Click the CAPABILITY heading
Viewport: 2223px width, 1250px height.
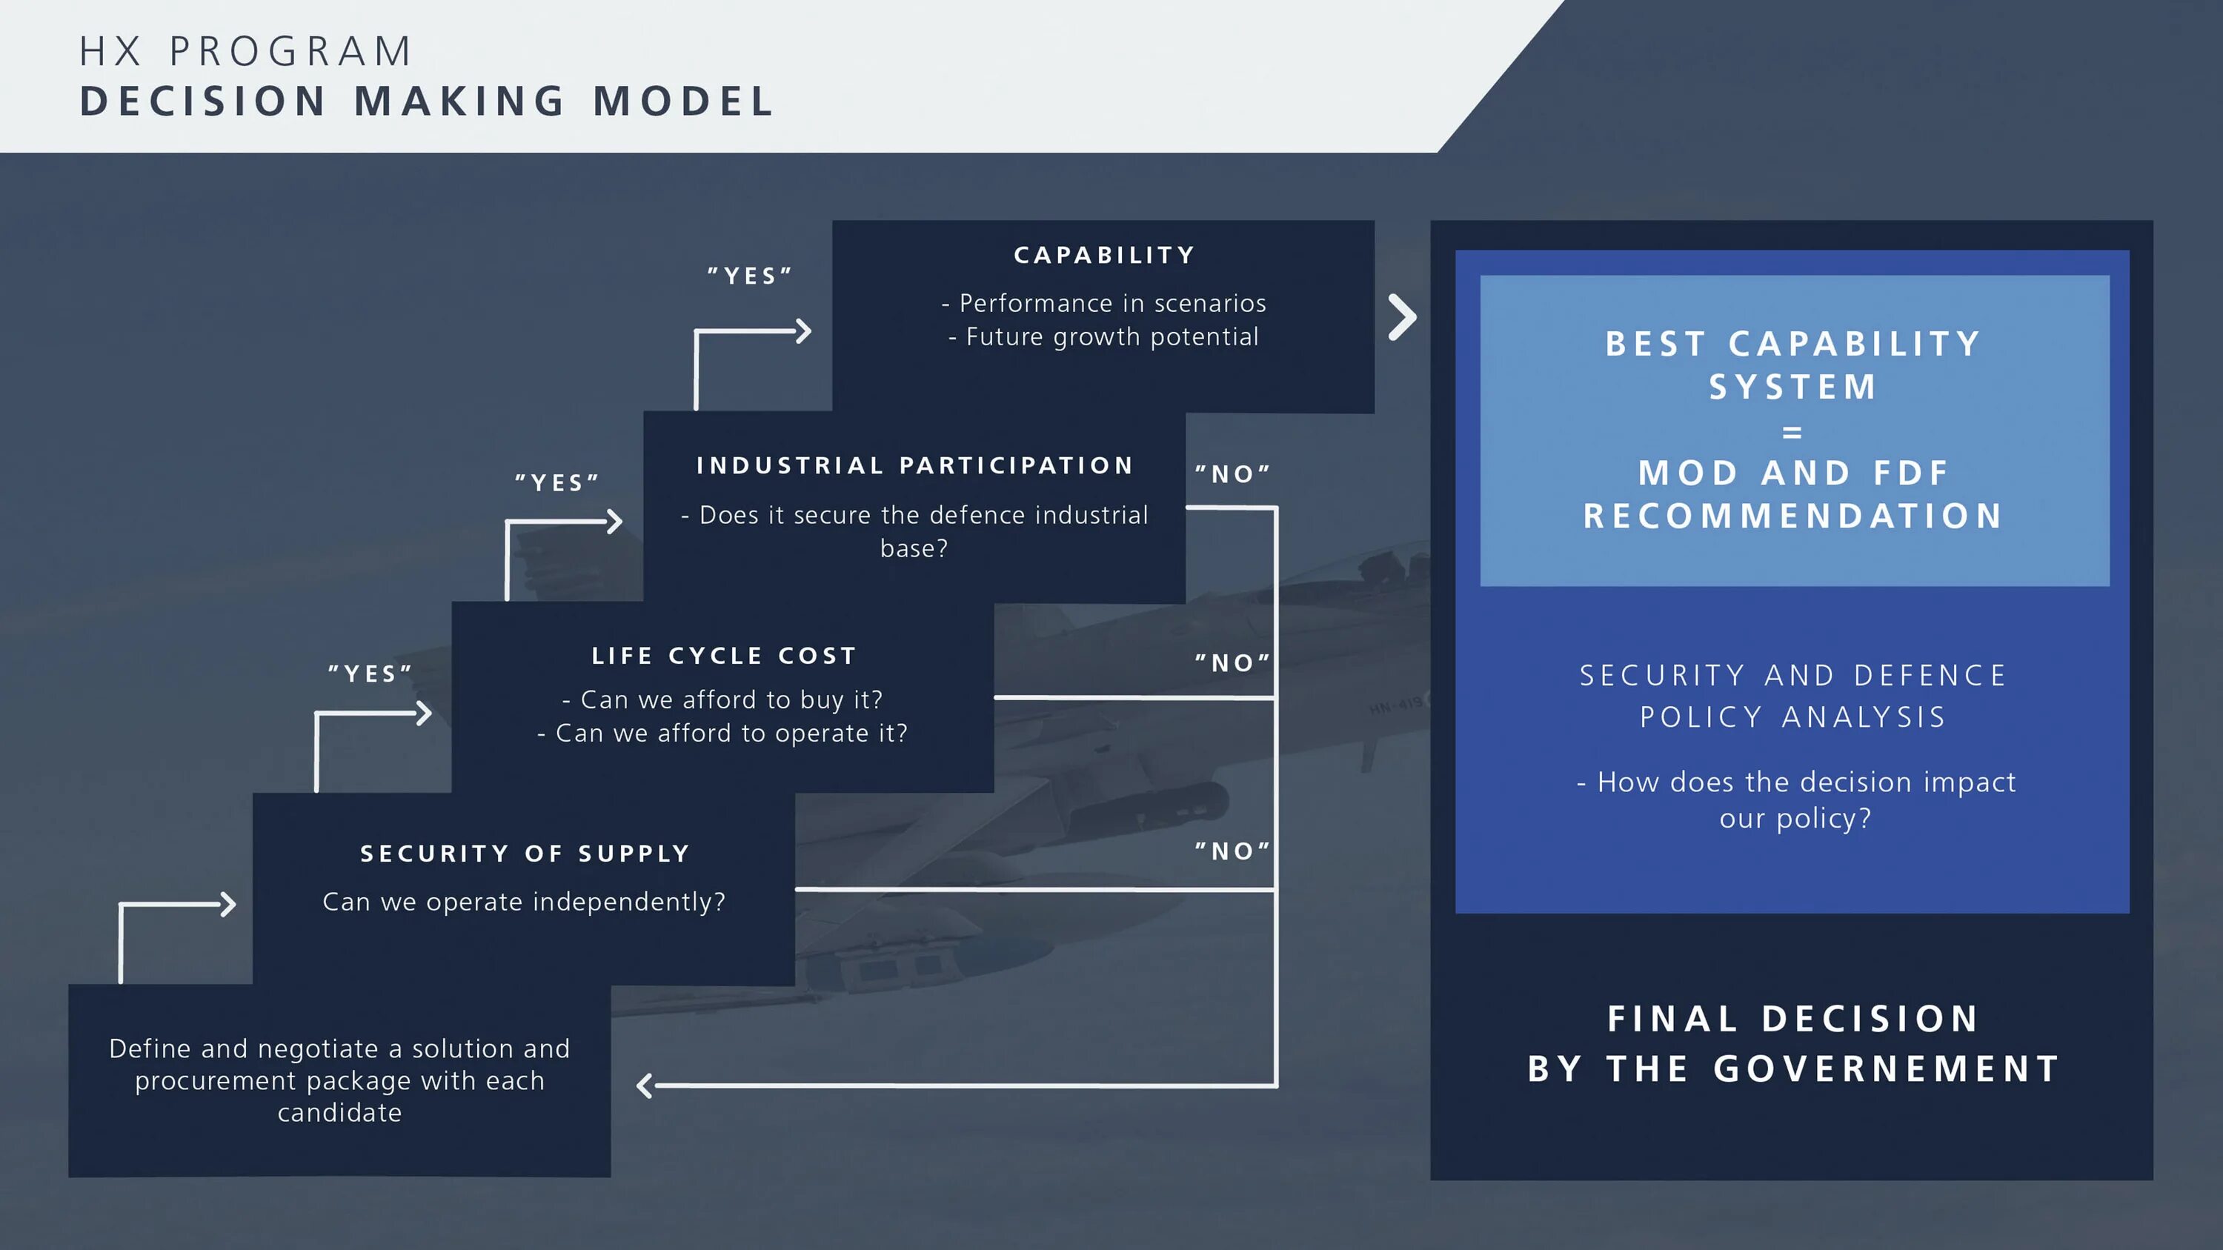(x=1104, y=256)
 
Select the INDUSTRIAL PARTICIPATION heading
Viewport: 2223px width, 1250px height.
(x=914, y=466)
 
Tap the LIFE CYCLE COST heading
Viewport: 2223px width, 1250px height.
(x=723, y=656)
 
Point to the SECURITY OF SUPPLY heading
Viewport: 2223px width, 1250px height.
(x=525, y=854)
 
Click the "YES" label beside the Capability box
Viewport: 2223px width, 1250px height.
(x=749, y=276)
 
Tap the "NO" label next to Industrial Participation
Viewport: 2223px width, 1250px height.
(x=1232, y=473)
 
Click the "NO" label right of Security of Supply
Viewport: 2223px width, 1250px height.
(x=1232, y=851)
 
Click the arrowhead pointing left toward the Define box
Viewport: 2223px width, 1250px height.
(x=644, y=1086)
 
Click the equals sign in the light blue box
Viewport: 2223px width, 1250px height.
(x=1792, y=432)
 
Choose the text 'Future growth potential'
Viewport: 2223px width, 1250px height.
(x=1111, y=337)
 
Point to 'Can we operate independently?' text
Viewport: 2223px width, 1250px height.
(x=524, y=902)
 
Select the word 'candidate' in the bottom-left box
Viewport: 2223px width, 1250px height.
(x=339, y=1113)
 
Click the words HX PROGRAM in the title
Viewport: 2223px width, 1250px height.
(x=246, y=52)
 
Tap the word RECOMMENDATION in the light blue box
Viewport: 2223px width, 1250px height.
(x=1792, y=516)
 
